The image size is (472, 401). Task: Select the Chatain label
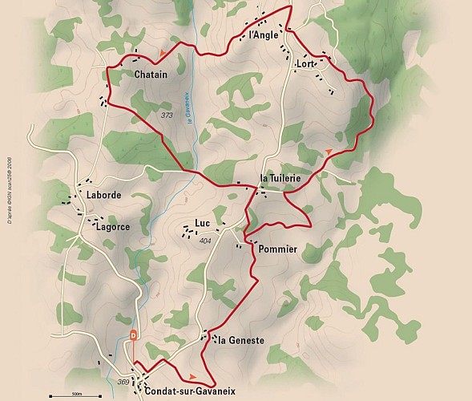click(x=151, y=75)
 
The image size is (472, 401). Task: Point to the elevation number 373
click(x=167, y=115)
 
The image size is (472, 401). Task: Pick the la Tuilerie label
click(x=280, y=177)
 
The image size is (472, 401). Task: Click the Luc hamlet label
click(x=202, y=224)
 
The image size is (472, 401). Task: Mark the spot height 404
click(x=204, y=241)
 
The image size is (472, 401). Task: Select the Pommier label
click(x=277, y=249)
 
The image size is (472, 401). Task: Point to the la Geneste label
click(x=241, y=340)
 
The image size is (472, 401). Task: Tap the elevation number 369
click(x=123, y=382)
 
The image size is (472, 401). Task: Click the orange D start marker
click(x=134, y=334)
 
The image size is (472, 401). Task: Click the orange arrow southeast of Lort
click(x=329, y=151)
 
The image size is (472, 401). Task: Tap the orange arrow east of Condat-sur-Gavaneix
click(x=192, y=375)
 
